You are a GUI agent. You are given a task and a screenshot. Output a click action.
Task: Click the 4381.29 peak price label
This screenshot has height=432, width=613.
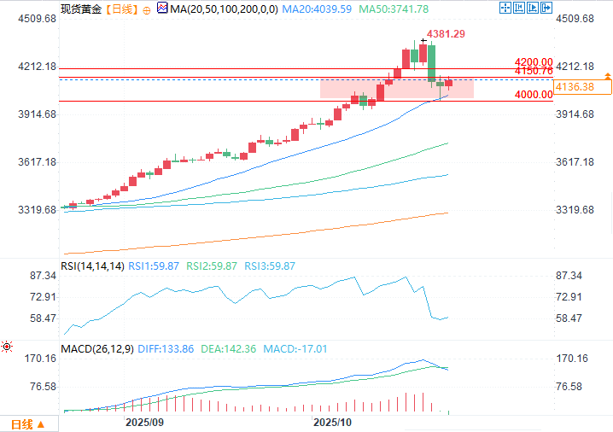point(447,34)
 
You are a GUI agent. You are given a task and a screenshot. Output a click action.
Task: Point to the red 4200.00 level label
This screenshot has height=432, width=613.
point(534,62)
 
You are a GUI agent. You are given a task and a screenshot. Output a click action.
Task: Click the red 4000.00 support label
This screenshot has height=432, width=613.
point(534,95)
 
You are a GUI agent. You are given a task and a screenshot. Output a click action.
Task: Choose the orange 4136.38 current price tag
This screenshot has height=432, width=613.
point(582,87)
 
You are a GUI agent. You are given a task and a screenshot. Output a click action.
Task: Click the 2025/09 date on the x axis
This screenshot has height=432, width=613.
point(144,423)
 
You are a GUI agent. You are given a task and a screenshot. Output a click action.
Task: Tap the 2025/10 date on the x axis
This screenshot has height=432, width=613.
point(332,423)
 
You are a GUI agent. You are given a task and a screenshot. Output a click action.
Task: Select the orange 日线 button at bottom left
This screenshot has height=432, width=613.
point(21,423)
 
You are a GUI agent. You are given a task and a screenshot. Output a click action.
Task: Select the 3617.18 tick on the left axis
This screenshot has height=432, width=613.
point(32,162)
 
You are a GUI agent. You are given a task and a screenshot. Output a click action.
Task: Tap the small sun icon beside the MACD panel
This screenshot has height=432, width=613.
point(7,347)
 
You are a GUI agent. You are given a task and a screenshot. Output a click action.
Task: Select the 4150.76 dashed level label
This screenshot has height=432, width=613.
point(534,72)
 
